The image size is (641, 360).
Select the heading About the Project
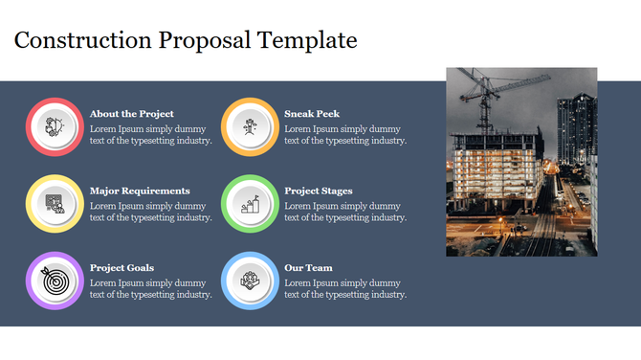(x=132, y=114)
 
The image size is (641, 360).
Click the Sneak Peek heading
(x=312, y=114)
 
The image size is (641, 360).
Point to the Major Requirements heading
(x=140, y=191)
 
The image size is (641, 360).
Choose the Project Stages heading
(x=319, y=191)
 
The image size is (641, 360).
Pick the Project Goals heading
(x=122, y=268)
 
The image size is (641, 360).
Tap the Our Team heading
(x=308, y=268)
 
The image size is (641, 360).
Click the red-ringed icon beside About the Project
(x=55, y=126)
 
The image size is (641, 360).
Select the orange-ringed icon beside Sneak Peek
(x=250, y=126)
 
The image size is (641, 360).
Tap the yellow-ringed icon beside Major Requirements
(x=55, y=203)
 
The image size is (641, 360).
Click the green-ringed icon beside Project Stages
(x=250, y=203)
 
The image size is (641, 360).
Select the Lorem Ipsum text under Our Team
(x=345, y=288)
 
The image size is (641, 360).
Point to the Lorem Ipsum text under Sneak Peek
(x=345, y=134)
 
